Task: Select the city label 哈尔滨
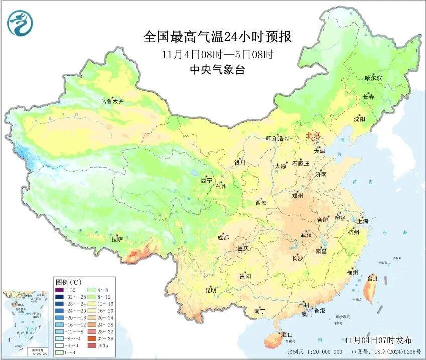373,78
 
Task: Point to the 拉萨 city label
117,239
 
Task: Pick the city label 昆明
210,290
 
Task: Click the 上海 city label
363,221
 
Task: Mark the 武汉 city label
306,235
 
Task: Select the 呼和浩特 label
278,139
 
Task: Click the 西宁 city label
206,180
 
